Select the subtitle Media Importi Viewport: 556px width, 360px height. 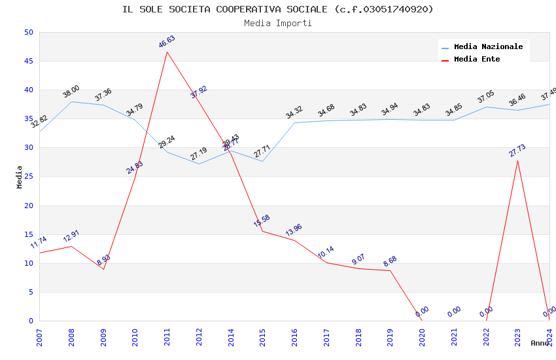[278, 23]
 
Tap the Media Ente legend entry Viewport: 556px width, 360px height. [477, 59]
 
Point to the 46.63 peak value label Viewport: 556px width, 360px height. [167, 42]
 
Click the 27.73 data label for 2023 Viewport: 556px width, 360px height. [517, 151]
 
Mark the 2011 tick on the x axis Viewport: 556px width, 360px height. [167, 337]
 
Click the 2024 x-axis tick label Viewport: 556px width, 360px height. [549, 337]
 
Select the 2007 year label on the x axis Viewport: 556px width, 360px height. [39, 337]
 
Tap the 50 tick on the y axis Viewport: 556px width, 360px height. [27, 33]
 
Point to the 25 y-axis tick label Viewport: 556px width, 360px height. [27, 148]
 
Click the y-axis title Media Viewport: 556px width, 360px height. [20, 177]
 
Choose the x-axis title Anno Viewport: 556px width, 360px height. [540, 343]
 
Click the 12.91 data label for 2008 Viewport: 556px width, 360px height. [71, 236]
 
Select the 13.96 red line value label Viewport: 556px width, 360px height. [294, 230]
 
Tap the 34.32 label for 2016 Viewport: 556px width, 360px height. [294, 113]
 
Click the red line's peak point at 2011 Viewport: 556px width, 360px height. [167, 52]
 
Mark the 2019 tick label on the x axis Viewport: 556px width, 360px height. [390, 337]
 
